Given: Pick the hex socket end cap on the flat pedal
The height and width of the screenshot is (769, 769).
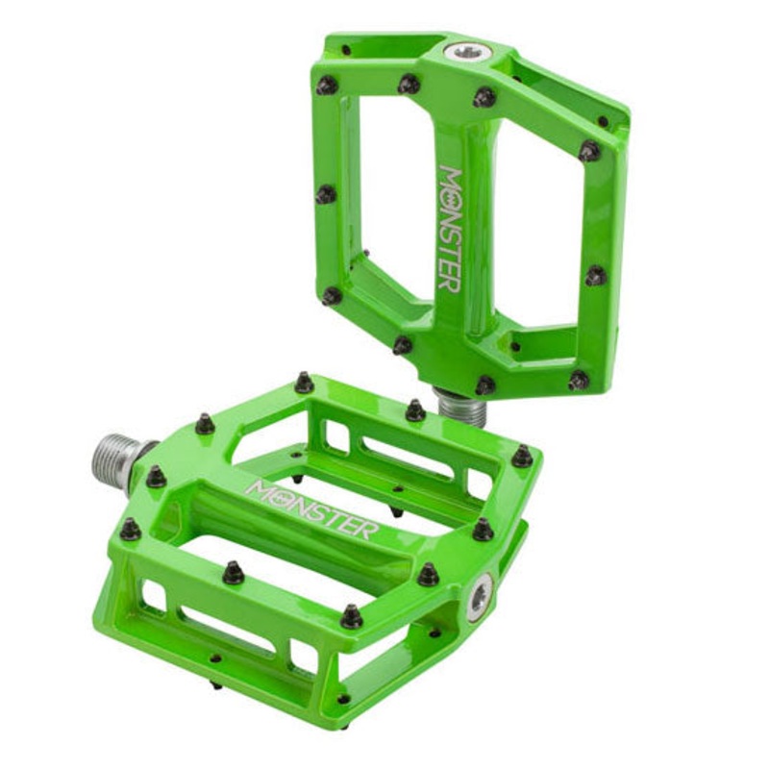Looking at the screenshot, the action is pyautogui.click(x=480, y=597).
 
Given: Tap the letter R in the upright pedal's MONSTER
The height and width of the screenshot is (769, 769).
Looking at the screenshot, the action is pyautogui.click(x=451, y=282).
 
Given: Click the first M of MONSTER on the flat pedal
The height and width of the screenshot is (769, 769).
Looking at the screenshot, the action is pyautogui.click(x=258, y=488).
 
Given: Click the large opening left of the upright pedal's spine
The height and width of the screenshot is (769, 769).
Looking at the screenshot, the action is pyautogui.click(x=392, y=196).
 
